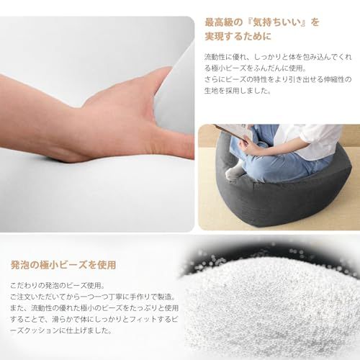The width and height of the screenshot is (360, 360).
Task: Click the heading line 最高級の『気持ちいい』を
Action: coord(262,22)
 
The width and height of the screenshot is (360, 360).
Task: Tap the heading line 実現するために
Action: coord(237,36)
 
